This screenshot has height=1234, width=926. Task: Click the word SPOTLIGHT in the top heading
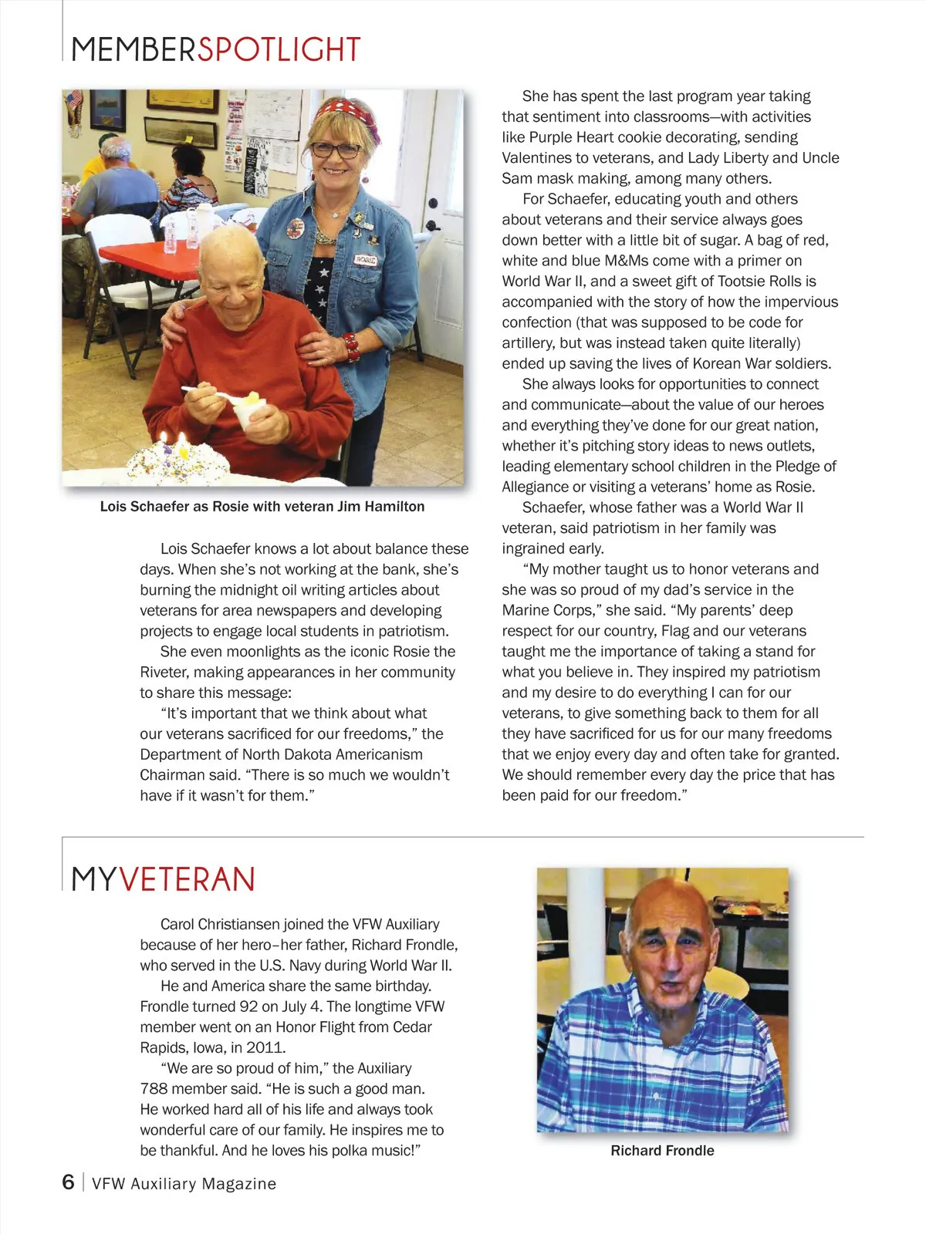point(279,50)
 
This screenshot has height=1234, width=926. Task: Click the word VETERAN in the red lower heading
point(187,880)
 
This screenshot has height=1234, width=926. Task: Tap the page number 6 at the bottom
point(69,1182)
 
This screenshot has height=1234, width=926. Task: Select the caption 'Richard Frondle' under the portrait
point(662,1151)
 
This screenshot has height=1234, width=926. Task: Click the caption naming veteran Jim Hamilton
point(262,507)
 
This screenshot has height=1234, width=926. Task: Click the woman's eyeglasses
point(336,150)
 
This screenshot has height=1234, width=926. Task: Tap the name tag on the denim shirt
point(366,260)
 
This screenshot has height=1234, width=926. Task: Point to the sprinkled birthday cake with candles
point(177,461)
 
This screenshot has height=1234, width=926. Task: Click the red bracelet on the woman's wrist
point(351,346)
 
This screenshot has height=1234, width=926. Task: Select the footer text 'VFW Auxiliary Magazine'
point(184,1184)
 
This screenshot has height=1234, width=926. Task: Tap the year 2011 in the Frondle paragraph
point(266,1047)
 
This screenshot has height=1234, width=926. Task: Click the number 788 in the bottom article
point(154,1089)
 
